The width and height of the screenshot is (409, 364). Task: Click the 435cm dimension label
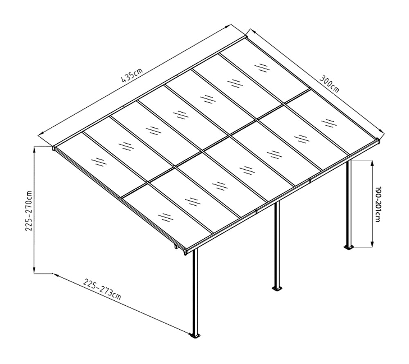(x=132, y=75)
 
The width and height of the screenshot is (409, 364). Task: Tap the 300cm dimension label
(x=330, y=84)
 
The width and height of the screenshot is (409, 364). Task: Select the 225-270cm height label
(x=29, y=211)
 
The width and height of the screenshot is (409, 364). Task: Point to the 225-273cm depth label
(x=102, y=289)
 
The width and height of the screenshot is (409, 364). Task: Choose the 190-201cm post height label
(x=378, y=204)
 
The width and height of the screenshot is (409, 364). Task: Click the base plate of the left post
(x=195, y=336)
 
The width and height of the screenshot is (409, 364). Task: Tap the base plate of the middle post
(x=277, y=289)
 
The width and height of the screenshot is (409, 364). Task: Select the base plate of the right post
(x=349, y=247)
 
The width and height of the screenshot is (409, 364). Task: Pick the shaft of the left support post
(x=195, y=291)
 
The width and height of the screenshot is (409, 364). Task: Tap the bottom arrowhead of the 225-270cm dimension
(x=34, y=271)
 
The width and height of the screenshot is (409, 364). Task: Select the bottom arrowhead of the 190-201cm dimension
(x=372, y=244)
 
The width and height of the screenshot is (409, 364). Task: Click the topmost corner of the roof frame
(x=245, y=36)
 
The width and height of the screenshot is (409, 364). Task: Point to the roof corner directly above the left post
(x=186, y=251)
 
